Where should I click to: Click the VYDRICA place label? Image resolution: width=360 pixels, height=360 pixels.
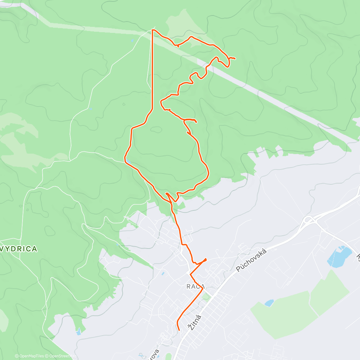19,249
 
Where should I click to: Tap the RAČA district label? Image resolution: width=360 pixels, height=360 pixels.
196,286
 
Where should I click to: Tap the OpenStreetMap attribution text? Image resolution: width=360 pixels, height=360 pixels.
61,356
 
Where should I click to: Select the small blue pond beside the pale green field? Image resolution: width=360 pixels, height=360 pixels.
269,303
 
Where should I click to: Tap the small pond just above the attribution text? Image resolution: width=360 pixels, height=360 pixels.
79,331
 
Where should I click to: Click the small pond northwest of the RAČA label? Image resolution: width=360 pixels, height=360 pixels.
163,273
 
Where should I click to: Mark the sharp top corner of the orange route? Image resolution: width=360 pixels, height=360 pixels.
153,30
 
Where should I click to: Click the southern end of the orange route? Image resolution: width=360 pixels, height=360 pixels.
179,330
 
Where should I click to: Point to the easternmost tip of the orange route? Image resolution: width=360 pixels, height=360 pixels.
235,58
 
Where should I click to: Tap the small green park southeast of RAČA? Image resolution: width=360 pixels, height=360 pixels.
206,297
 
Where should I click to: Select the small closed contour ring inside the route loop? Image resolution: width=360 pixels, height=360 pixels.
156,130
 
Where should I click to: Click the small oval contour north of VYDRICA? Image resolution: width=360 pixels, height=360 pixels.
49,230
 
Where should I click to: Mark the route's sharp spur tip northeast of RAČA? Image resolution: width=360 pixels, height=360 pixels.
206,258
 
